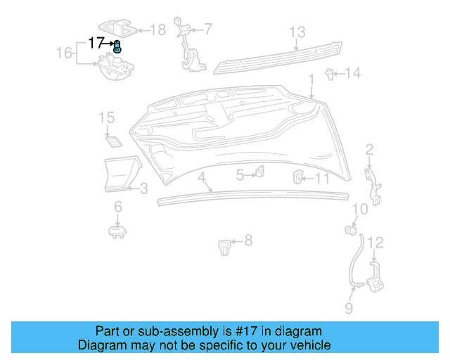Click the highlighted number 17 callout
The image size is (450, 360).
coord(96,43)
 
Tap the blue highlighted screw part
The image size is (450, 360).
coord(117,48)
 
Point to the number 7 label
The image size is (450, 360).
coord(208,29)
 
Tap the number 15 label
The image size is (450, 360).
coord(106,117)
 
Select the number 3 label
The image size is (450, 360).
coord(143,188)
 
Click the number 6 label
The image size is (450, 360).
coord(117,206)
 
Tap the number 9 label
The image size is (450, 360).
coord(349,308)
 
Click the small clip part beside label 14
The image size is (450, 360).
coord(329,72)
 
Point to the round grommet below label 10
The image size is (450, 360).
coord(349,230)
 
